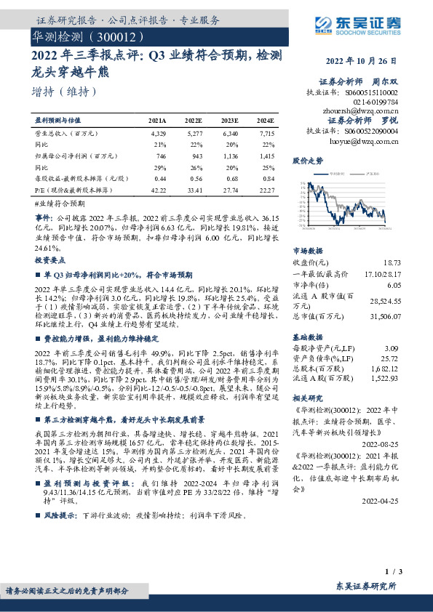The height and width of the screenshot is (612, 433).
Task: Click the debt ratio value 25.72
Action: pyautogui.click(x=391, y=358)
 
